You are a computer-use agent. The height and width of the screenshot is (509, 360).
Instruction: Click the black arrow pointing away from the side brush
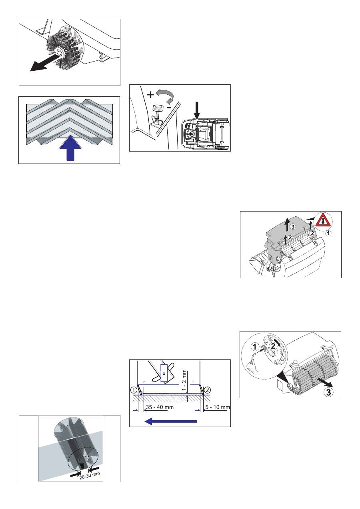[x=44, y=62]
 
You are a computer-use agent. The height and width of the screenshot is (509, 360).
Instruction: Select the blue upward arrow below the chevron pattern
[x=70, y=148]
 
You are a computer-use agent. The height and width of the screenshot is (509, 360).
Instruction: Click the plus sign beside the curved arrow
[x=150, y=94]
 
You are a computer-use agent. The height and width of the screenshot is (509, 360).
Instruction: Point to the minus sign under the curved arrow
[x=176, y=108]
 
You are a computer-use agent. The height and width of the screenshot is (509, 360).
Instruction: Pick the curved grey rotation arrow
[x=167, y=96]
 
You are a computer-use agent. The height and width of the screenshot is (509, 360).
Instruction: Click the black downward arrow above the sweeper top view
[x=197, y=111]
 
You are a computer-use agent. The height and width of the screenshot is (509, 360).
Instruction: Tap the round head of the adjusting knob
[x=157, y=107]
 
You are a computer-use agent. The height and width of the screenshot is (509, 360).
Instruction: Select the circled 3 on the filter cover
[x=293, y=227]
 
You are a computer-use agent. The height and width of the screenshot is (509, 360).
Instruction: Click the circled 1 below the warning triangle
[x=328, y=233]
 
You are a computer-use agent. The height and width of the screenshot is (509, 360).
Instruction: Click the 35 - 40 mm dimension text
[x=160, y=407]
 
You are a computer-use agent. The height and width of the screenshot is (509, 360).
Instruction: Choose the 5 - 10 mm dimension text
[x=218, y=407]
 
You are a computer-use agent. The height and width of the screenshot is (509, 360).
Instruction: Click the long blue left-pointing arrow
[x=171, y=421]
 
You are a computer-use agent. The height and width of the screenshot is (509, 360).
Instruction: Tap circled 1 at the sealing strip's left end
[x=134, y=390]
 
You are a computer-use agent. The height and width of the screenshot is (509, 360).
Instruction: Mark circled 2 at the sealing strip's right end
[x=207, y=390]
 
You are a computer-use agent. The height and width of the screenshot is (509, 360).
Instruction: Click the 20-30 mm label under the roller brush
[x=90, y=475]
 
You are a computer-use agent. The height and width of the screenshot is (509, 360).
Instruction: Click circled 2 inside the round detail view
[x=273, y=346]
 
